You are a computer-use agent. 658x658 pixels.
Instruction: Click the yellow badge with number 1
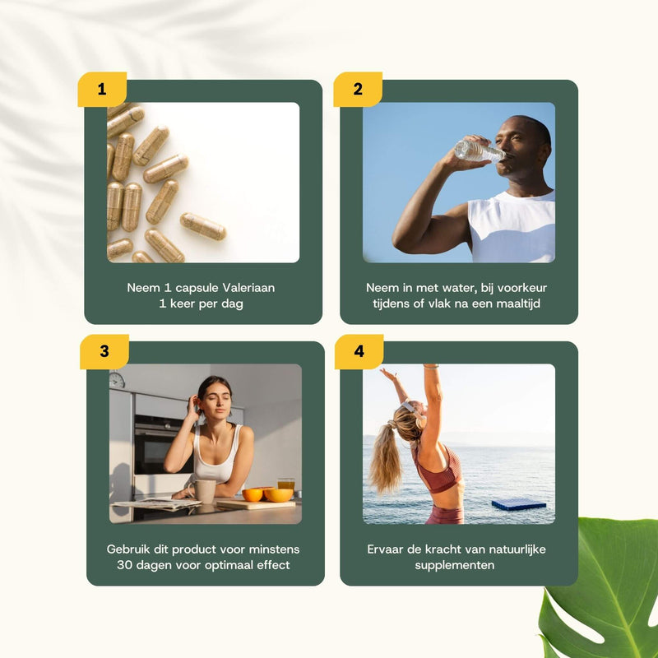102,89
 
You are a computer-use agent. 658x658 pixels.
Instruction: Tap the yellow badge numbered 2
358,89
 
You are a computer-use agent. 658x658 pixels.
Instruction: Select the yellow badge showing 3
104,351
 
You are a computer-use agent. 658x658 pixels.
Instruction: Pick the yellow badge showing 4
359,351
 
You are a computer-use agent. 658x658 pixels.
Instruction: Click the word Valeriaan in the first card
248,288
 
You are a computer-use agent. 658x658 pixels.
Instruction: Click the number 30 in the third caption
124,565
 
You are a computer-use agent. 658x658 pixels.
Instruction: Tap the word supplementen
455,565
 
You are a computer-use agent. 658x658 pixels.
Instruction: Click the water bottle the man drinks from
480,151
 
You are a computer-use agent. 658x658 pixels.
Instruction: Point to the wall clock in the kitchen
117,380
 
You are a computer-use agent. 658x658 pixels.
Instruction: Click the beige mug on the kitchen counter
204,491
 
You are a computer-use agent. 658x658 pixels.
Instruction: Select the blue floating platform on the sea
519,504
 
